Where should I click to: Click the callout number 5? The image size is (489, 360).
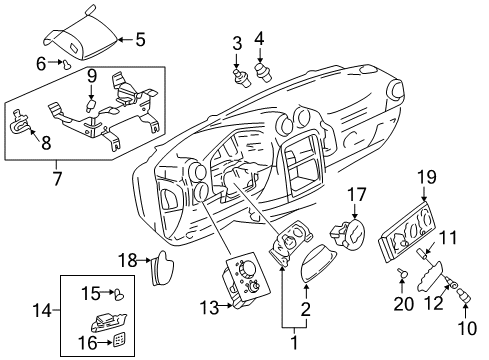tap(139, 41)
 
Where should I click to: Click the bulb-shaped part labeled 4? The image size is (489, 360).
tap(265, 71)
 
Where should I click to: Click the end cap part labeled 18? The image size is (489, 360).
tap(162, 267)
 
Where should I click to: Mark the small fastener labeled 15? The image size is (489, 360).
tap(119, 295)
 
